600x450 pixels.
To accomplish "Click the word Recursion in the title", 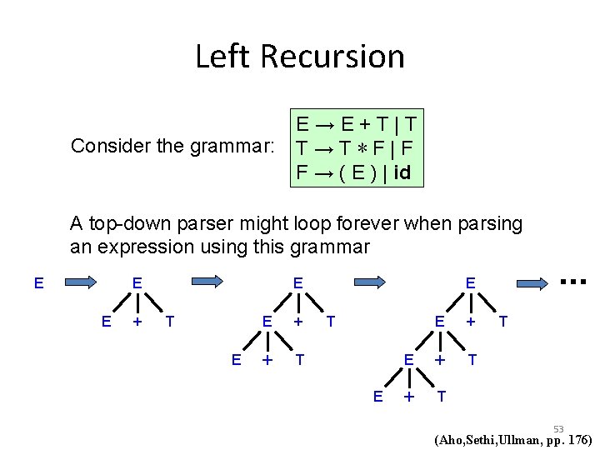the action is pyautogui.click(x=332, y=57).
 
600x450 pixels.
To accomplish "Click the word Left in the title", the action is pyautogui.click(x=223, y=57).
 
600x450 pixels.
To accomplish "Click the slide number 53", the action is pyautogui.click(x=558, y=429).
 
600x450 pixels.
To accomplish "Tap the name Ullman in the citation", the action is pyautogui.click(x=522, y=440).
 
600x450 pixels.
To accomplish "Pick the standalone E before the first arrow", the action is pyautogui.click(x=38, y=283).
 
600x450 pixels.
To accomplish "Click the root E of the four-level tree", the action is pyautogui.click(x=470, y=283).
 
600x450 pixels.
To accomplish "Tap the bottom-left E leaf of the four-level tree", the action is pyautogui.click(x=377, y=397).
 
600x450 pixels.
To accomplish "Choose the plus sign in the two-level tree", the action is pyautogui.click(x=137, y=321).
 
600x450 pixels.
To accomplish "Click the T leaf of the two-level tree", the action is pyautogui.click(x=170, y=321).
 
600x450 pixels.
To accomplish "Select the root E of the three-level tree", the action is pyautogui.click(x=297, y=283).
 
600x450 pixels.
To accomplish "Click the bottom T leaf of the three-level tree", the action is pyautogui.click(x=299, y=359).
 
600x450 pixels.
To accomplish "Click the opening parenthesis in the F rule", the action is pyautogui.click(x=333, y=175).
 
